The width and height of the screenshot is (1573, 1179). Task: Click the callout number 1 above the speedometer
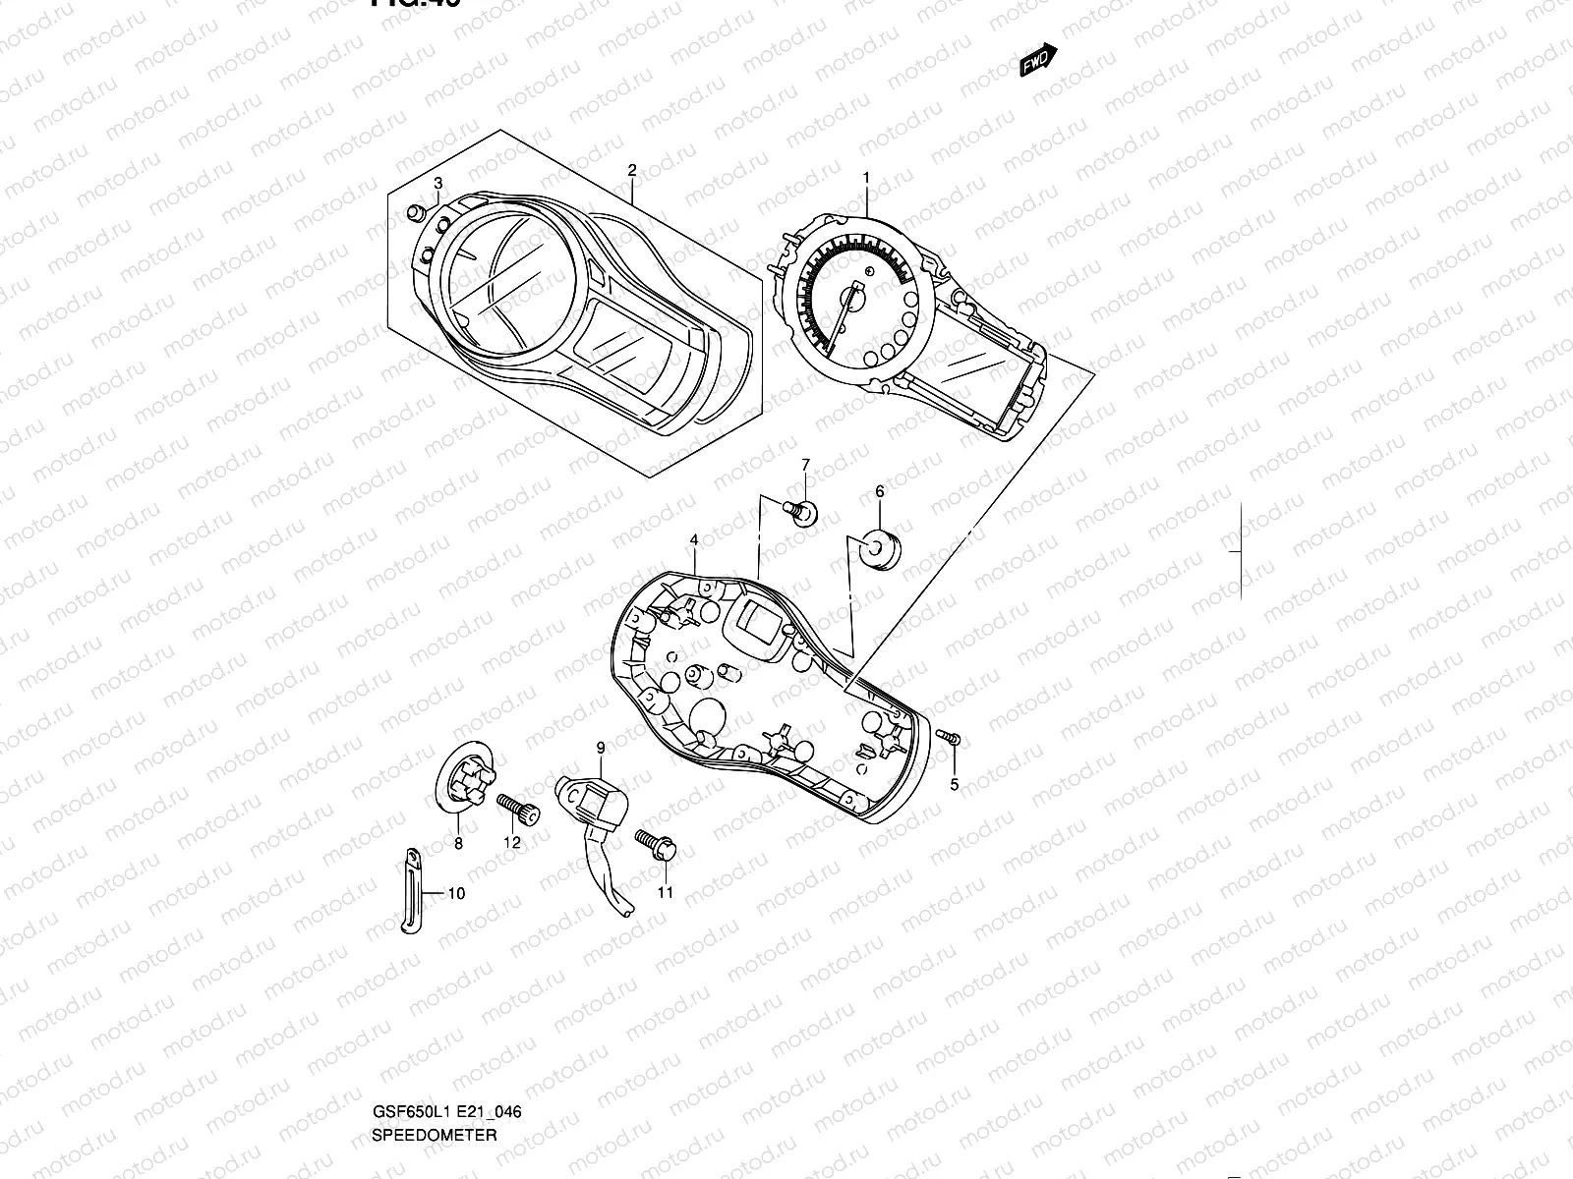click(x=866, y=178)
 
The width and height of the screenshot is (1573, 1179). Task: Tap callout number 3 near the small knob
click(x=438, y=184)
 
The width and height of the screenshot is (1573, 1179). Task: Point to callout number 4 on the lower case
click(x=694, y=540)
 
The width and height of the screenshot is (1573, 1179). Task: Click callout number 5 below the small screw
click(x=953, y=784)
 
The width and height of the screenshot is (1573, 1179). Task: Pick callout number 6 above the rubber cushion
click(x=879, y=491)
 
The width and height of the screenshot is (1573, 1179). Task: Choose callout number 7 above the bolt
click(x=805, y=465)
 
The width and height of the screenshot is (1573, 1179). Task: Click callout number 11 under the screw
click(x=666, y=892)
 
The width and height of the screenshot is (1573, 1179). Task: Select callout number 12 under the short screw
click(x=512, y=842)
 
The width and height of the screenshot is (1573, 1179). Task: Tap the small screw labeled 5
click(x=951, y=739)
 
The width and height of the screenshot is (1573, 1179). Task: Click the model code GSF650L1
click(x=405, y=1031)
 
